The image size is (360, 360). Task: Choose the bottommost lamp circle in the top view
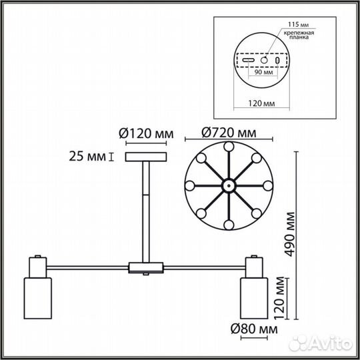point(229,224)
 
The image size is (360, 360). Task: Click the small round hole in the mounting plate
point(263,61)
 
